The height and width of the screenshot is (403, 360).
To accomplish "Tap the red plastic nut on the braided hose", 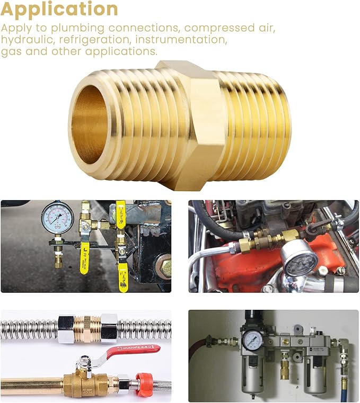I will tap(146, 382).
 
